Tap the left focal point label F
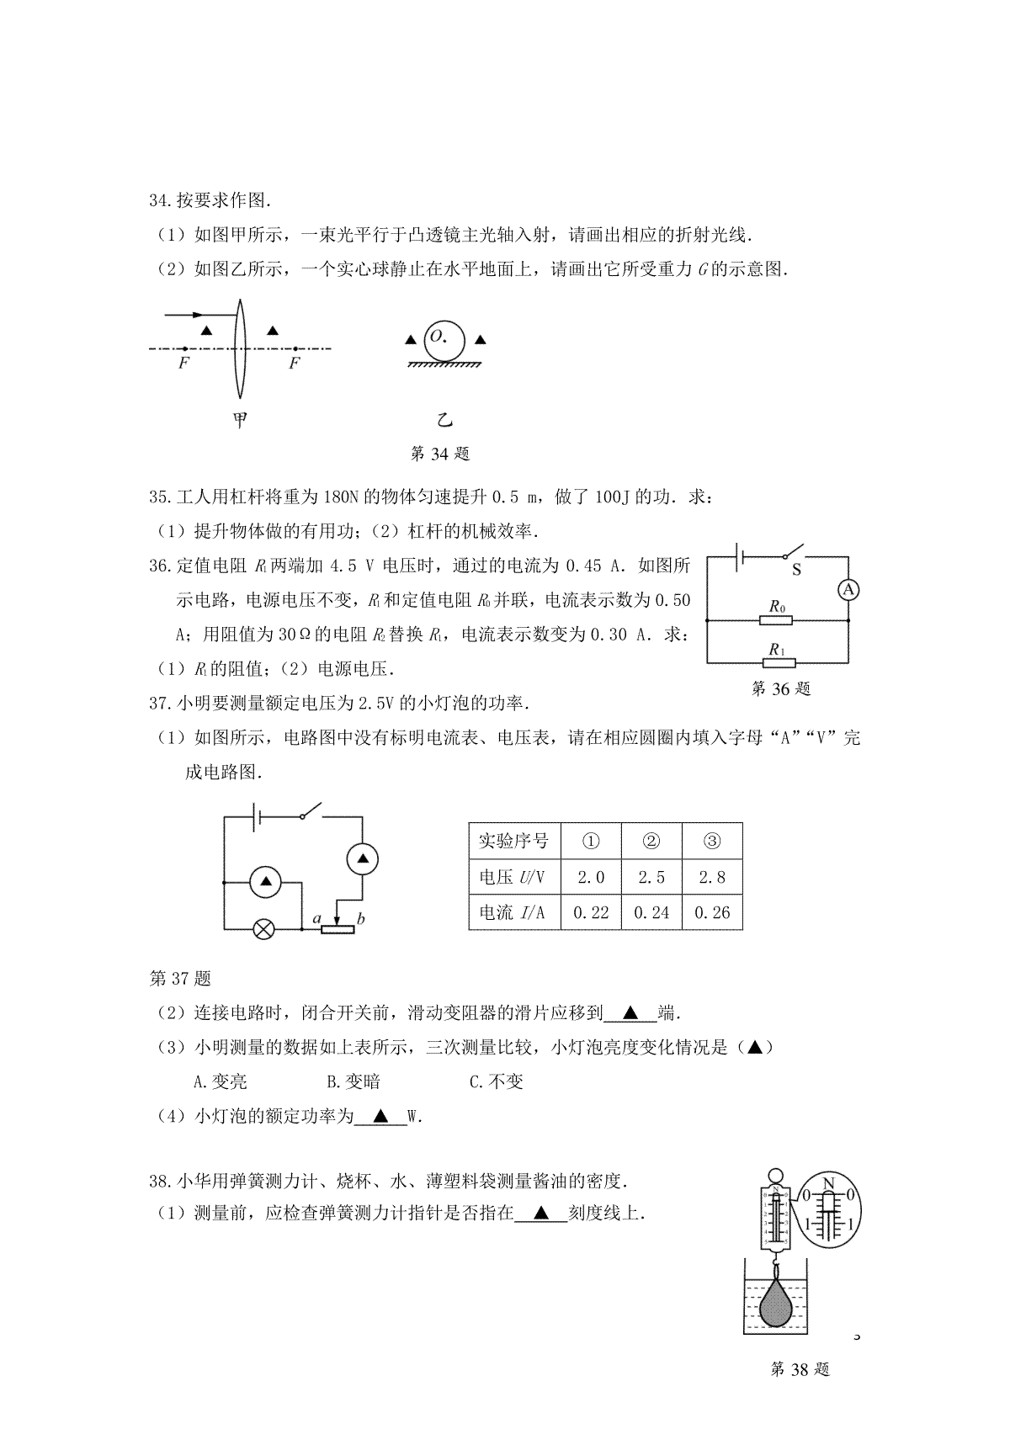183,364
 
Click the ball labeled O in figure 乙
444,340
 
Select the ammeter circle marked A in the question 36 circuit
848,590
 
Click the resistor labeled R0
776,620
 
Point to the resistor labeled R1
776,662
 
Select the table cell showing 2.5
651,877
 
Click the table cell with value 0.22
591,912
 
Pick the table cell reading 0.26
712,912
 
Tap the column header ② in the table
651,841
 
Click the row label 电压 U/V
513,877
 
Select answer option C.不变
497,1081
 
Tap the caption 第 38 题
800,1393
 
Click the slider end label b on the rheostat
360,919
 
